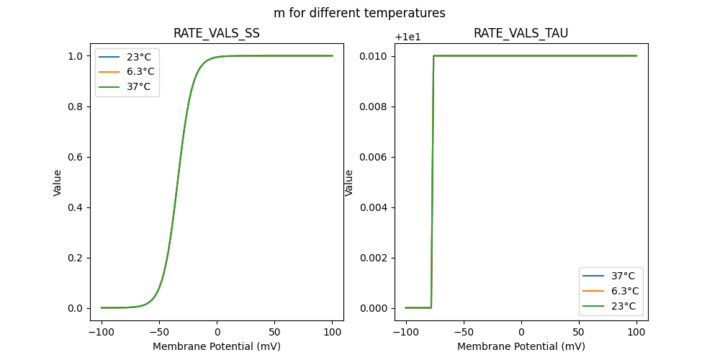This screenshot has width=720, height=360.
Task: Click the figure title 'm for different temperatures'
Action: point(359,13)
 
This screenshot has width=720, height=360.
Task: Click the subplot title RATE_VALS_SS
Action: point(217,34)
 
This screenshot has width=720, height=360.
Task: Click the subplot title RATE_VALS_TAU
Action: point(521,34)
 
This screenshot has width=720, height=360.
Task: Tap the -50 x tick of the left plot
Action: point(160,333)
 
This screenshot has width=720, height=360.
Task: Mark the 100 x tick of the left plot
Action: point(332,333)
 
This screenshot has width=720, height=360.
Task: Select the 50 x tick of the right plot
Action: point(579,333)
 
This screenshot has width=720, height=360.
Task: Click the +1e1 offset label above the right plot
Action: point(408,37)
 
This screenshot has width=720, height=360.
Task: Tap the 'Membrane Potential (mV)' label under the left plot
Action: point(217,346)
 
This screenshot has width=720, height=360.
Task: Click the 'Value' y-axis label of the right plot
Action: point(349,182)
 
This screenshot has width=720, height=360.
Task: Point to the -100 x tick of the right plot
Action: point(406,333)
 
